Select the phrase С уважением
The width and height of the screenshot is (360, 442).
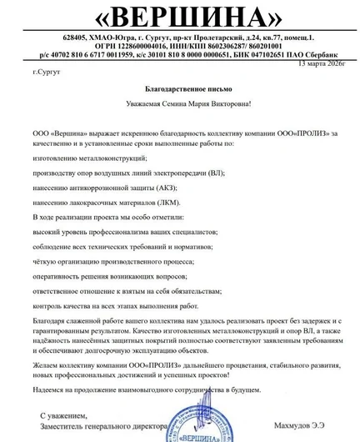63,414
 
